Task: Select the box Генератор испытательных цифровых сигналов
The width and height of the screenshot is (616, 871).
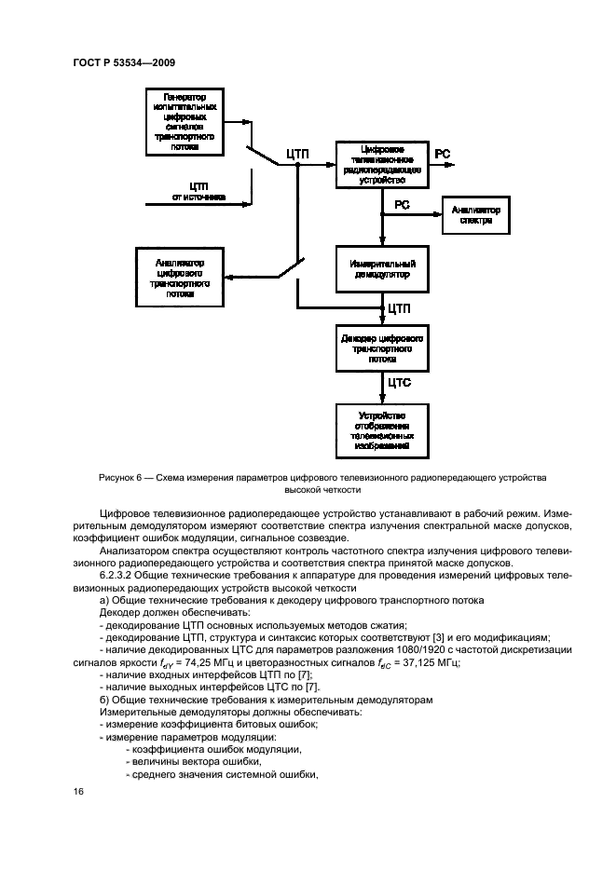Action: tap(185, 121)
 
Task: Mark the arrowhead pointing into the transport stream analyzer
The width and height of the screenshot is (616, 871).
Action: tap(229, 276)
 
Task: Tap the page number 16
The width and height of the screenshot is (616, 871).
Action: tap(78, 791)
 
